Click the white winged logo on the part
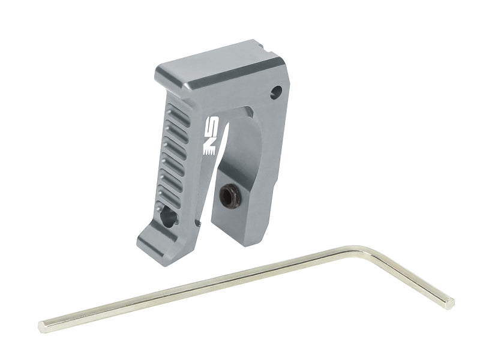(211, 134)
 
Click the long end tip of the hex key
(42, 326)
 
